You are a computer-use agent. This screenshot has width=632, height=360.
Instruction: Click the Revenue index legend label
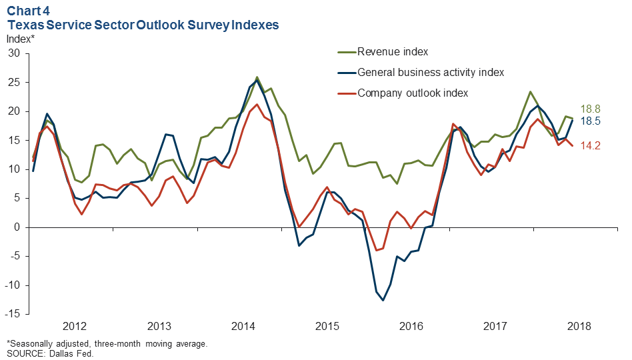[x=392, y=52]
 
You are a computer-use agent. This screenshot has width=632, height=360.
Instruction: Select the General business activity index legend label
[x=431, y=72]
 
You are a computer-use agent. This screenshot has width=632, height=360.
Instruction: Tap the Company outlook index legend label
[x=413, y=93]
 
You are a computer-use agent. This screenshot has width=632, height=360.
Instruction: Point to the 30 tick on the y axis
[x=13, y=53]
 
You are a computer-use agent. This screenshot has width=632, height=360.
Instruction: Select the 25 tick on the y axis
[x=13, y=83]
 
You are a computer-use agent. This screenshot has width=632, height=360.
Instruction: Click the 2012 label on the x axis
[x=75, y=327]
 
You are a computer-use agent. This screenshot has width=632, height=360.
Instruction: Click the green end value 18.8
[x=591, y=109]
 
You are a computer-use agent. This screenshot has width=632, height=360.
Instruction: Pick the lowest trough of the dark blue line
[x=383, y=300]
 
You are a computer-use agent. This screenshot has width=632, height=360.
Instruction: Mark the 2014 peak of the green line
[x=257, y=77]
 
